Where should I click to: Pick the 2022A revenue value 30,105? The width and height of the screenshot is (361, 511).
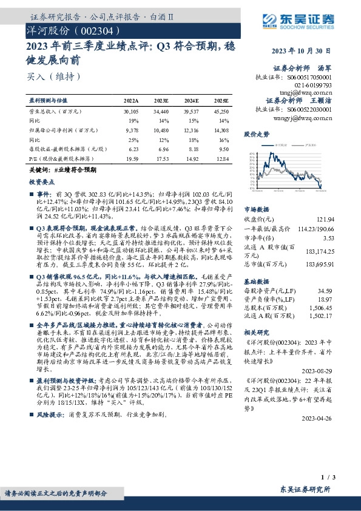pyautogui.click(x=130, y=112)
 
